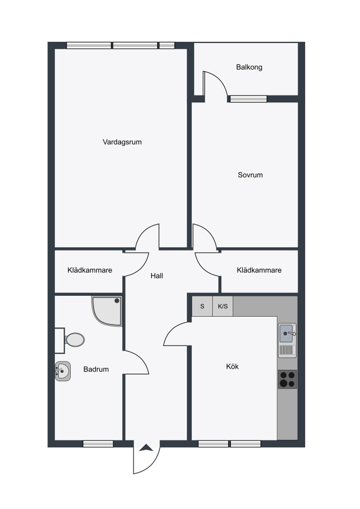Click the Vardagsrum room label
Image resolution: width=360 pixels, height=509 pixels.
click(x=122, y=142)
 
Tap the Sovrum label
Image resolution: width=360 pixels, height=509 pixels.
click(x=250, y=175)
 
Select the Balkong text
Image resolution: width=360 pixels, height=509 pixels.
click(x=249, y=67)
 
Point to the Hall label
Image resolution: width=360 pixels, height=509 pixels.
click(x=157, y=276)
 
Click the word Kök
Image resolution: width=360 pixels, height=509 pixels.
click(x=232, y=366)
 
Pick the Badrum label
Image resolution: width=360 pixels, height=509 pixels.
click(x=96, y=369)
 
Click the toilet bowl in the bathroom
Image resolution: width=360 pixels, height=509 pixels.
click(x=74, y=340)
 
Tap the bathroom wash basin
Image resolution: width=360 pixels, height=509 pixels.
click(x=63, y=371)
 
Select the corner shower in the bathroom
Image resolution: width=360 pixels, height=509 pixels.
click(x=107, y=311)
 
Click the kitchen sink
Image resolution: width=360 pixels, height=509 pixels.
click(x=288, y=333)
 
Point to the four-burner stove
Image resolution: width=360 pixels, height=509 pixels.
click(x=288, y=379)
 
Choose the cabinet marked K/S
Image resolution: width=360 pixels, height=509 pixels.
click(x=223, y=306)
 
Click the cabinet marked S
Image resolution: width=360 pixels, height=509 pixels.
click(x=202, y=306)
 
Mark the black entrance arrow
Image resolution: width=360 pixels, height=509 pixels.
click(x=147, y=448)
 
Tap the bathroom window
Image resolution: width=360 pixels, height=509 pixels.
click(x=98, y=444)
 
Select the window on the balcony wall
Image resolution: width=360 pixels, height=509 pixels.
click(x=248, y=98)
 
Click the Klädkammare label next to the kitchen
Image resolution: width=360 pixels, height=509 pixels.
click(x=259, y=270)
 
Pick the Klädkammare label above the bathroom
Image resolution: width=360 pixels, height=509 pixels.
click(x=89, y=270)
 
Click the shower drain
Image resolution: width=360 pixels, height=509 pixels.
click(x=116, y=301)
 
